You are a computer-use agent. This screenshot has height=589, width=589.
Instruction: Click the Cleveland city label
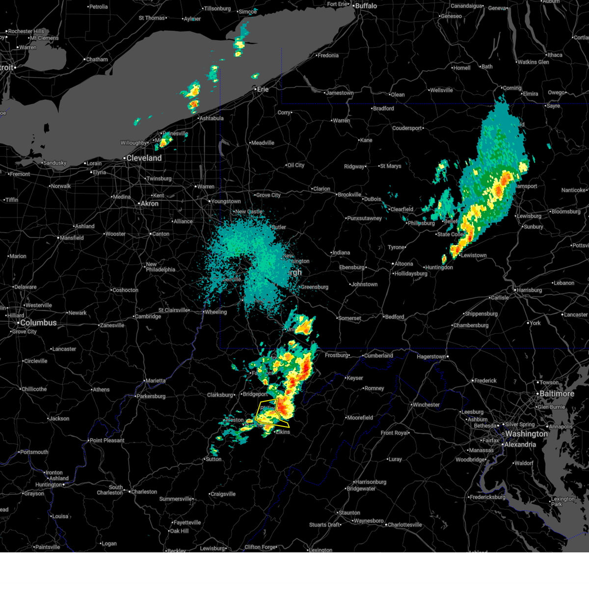click(x=144, y=158)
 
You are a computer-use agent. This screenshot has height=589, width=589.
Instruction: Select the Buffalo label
click(x=366, y=6)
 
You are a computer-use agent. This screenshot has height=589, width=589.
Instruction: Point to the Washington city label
click(x=526, y=434)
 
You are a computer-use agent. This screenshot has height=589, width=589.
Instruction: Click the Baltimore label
click(x=557, y=394)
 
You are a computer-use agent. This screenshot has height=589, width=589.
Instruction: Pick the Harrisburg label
click(x=529, y=290)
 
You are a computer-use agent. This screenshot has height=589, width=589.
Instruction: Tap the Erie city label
click(x=263, y=89)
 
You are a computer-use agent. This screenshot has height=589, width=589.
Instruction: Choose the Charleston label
click(x=144, y=492)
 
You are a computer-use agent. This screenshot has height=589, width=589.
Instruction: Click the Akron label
click(x=150, y=204)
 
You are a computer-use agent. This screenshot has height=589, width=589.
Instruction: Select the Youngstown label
click(x=226, y=201)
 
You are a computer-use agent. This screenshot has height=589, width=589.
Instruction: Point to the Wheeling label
click(x=216, y=312)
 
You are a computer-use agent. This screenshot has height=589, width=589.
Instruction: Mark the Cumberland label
click(x=378, y=356)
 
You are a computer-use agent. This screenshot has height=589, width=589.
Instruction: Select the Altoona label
click(x=404, y=264)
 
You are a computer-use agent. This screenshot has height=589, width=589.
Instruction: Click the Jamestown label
click(x=340, y=93)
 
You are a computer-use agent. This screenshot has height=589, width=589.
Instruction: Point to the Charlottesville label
click(x=404, y=525)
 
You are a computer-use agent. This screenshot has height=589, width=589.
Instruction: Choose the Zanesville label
click(x=112, y=325)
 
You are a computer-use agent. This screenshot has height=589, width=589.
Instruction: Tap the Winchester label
click(x=426, y=405)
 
